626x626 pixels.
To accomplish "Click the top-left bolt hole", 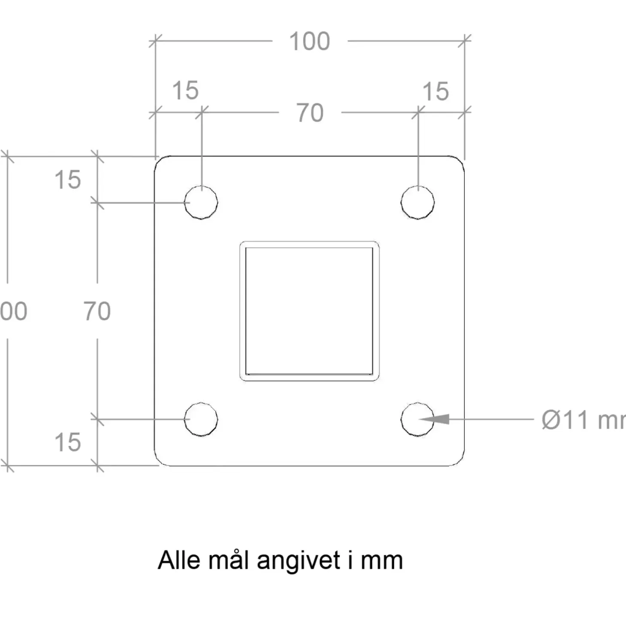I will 201,202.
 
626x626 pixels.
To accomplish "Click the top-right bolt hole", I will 418,202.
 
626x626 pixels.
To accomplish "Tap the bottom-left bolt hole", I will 201,419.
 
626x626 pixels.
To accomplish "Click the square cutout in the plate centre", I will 309,311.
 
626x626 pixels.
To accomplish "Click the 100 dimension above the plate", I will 310,42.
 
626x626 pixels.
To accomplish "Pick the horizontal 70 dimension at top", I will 310,113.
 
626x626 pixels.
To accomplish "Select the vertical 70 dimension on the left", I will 97,311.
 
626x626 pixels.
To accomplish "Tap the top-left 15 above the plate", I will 185,91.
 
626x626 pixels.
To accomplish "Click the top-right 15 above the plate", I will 436,92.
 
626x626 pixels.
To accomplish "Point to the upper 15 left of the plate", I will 67,180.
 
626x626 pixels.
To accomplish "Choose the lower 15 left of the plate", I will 67,442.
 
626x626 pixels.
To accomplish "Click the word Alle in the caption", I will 179,560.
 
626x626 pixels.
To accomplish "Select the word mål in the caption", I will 228,560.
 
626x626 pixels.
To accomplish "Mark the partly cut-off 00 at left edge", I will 14,311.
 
